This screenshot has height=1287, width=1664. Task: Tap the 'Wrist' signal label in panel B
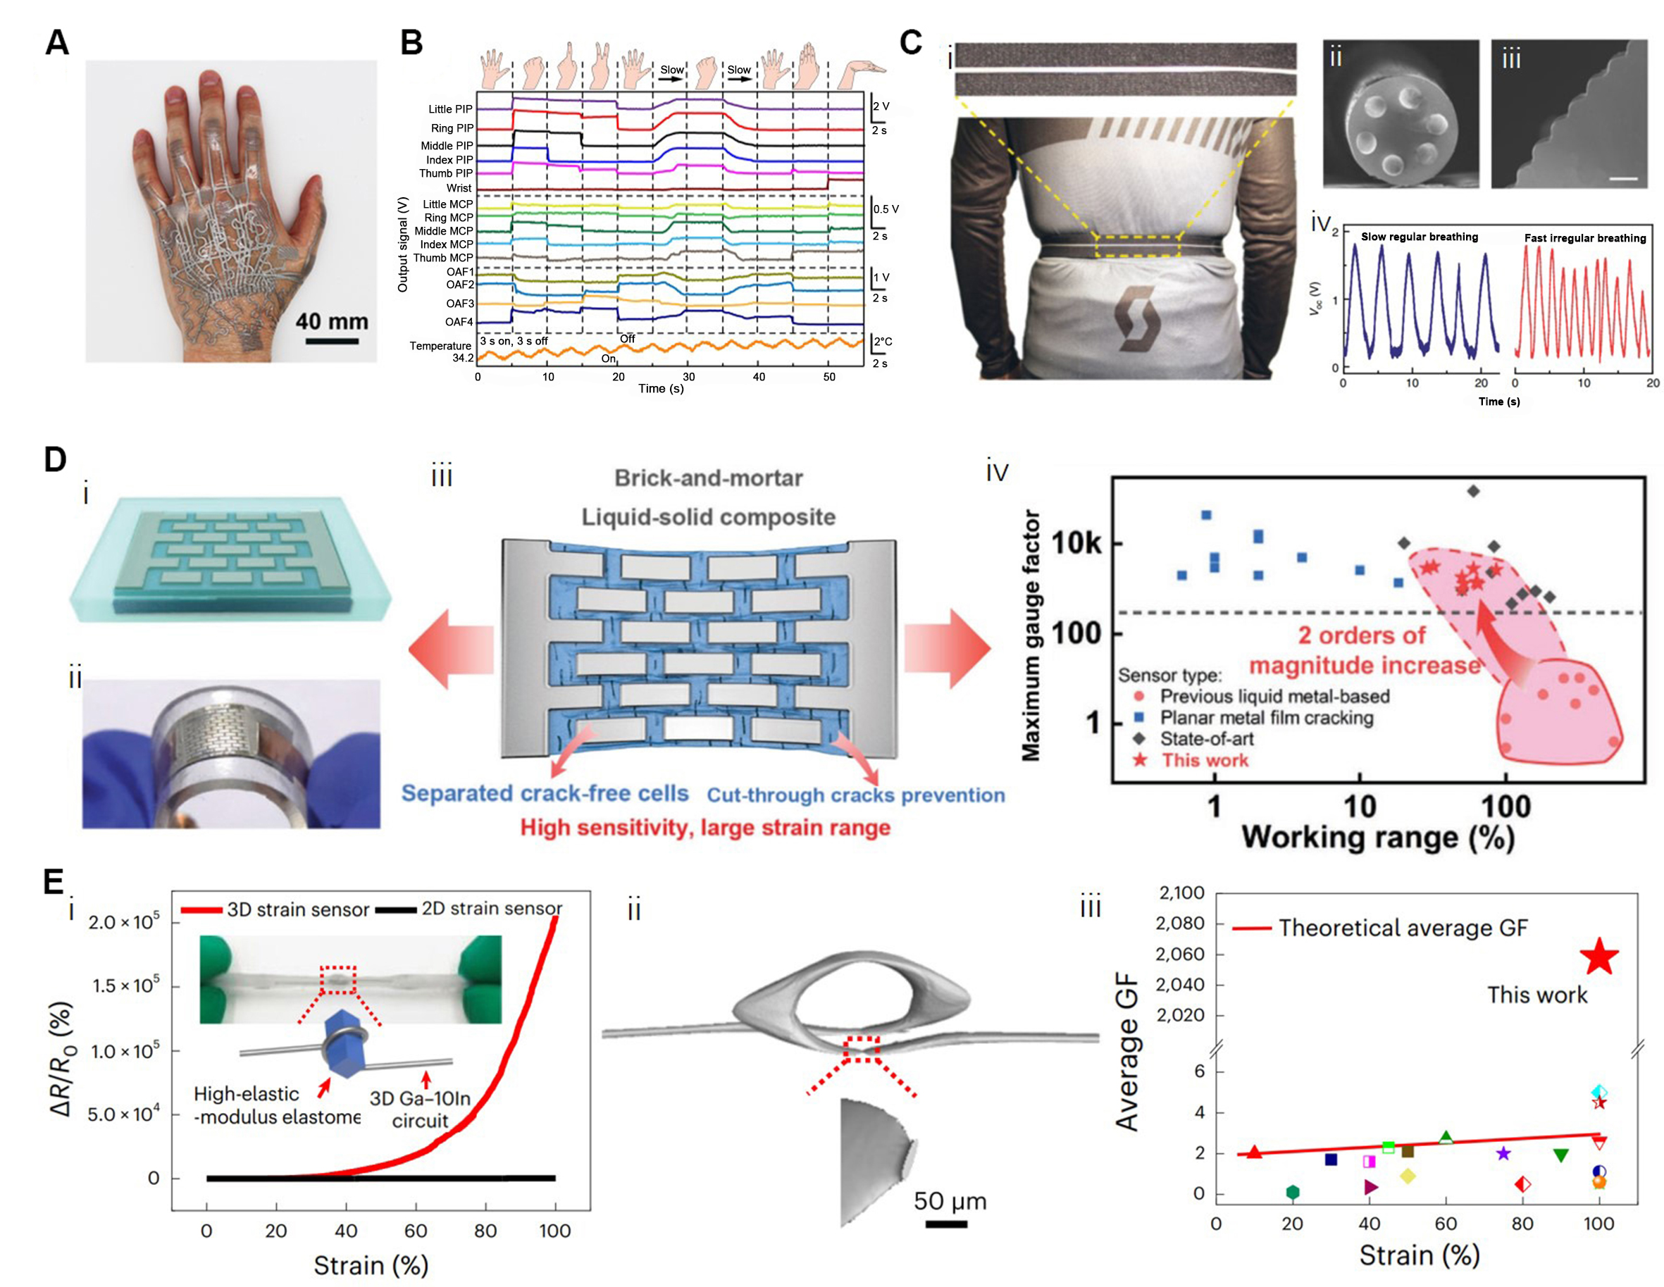pyautogui.click(x=459, y=188)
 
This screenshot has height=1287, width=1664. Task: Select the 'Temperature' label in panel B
pyautogui.click(x=440, y=346)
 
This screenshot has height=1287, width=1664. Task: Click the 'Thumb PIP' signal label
pyautogui.click(x=446, y=174)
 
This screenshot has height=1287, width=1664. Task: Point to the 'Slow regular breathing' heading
pyautogui.click(x=1420, y=237)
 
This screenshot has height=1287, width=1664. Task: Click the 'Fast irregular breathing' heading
pyautogui.click(x=1585, y=239)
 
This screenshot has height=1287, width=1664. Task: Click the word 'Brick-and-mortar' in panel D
pyautogui.click(x=709, y=478)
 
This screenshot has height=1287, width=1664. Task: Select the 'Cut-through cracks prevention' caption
pyautogui.click(x=856, y=795)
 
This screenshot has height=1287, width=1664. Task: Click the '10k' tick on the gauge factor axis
pyautogui.click(x=1076, y=543)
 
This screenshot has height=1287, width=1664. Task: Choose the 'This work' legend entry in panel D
pyautogui.click(x=1204, y=761)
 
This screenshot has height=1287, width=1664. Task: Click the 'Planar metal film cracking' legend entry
pyautogui.click(x=1266, y=718)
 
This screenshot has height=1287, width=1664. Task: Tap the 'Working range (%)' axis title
pyautogui.click(x=1377, y=837)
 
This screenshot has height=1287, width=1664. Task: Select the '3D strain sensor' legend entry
pyautogui.click(x=297, y=909)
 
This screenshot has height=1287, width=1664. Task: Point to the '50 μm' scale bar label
pyautogui.click(x=950, y=1202)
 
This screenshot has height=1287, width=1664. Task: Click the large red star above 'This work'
pyautogui.click(x=1598, y=958)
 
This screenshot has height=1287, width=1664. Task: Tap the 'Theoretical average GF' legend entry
pyautogui.click(x=1403, y=928)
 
